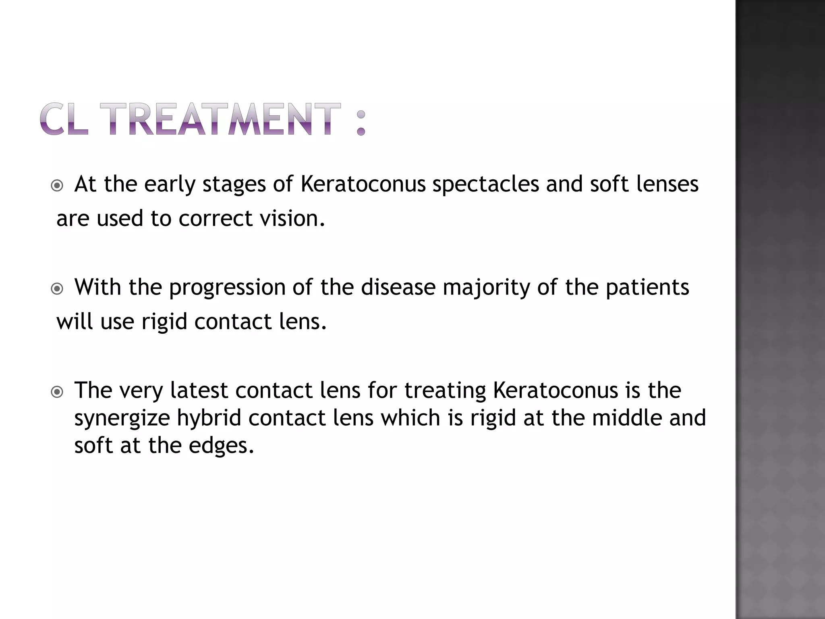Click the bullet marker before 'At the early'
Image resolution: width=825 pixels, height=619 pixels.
(x=58, y=186)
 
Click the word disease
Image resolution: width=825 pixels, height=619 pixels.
(x=398, y=288)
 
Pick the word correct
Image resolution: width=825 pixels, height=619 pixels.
(x=216, y=218)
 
